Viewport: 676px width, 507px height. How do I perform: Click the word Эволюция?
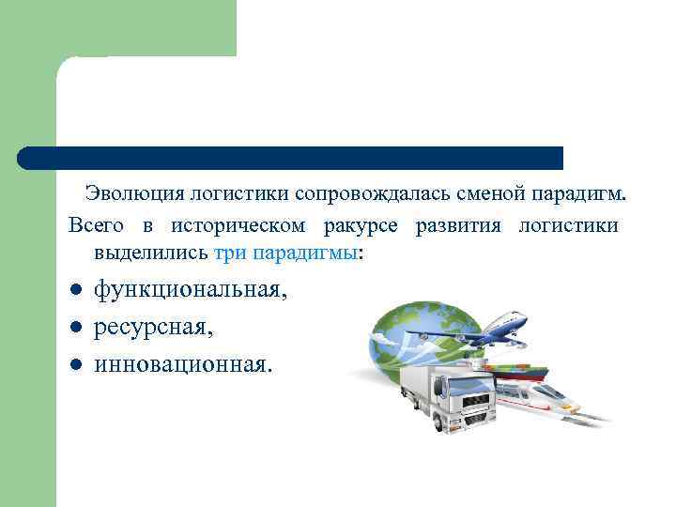133,194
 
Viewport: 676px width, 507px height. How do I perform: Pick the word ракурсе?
361,226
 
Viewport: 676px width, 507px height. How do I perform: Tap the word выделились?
151,253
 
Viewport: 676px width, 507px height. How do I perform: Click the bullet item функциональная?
189,290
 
